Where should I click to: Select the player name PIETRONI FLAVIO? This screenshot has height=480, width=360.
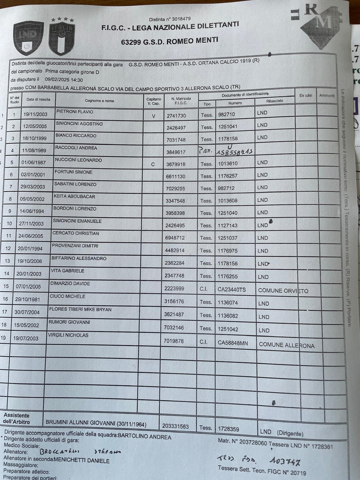[75, 112]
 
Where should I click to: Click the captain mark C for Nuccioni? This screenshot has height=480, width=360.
[153, 164]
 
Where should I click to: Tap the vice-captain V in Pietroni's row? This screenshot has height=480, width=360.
[154, 116]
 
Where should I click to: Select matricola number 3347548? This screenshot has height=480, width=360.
[175, 201]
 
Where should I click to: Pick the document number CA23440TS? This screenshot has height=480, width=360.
[232, 289]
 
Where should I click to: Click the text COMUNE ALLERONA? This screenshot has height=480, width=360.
[286, 345]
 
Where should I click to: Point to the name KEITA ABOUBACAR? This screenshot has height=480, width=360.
[74, 197]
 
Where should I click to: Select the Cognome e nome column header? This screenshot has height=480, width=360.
[99, 101]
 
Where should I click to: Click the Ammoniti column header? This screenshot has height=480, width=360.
[327, 95]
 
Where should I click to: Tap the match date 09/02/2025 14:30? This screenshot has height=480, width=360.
[64, 80]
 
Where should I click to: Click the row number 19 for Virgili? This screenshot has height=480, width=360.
[3, 338]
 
